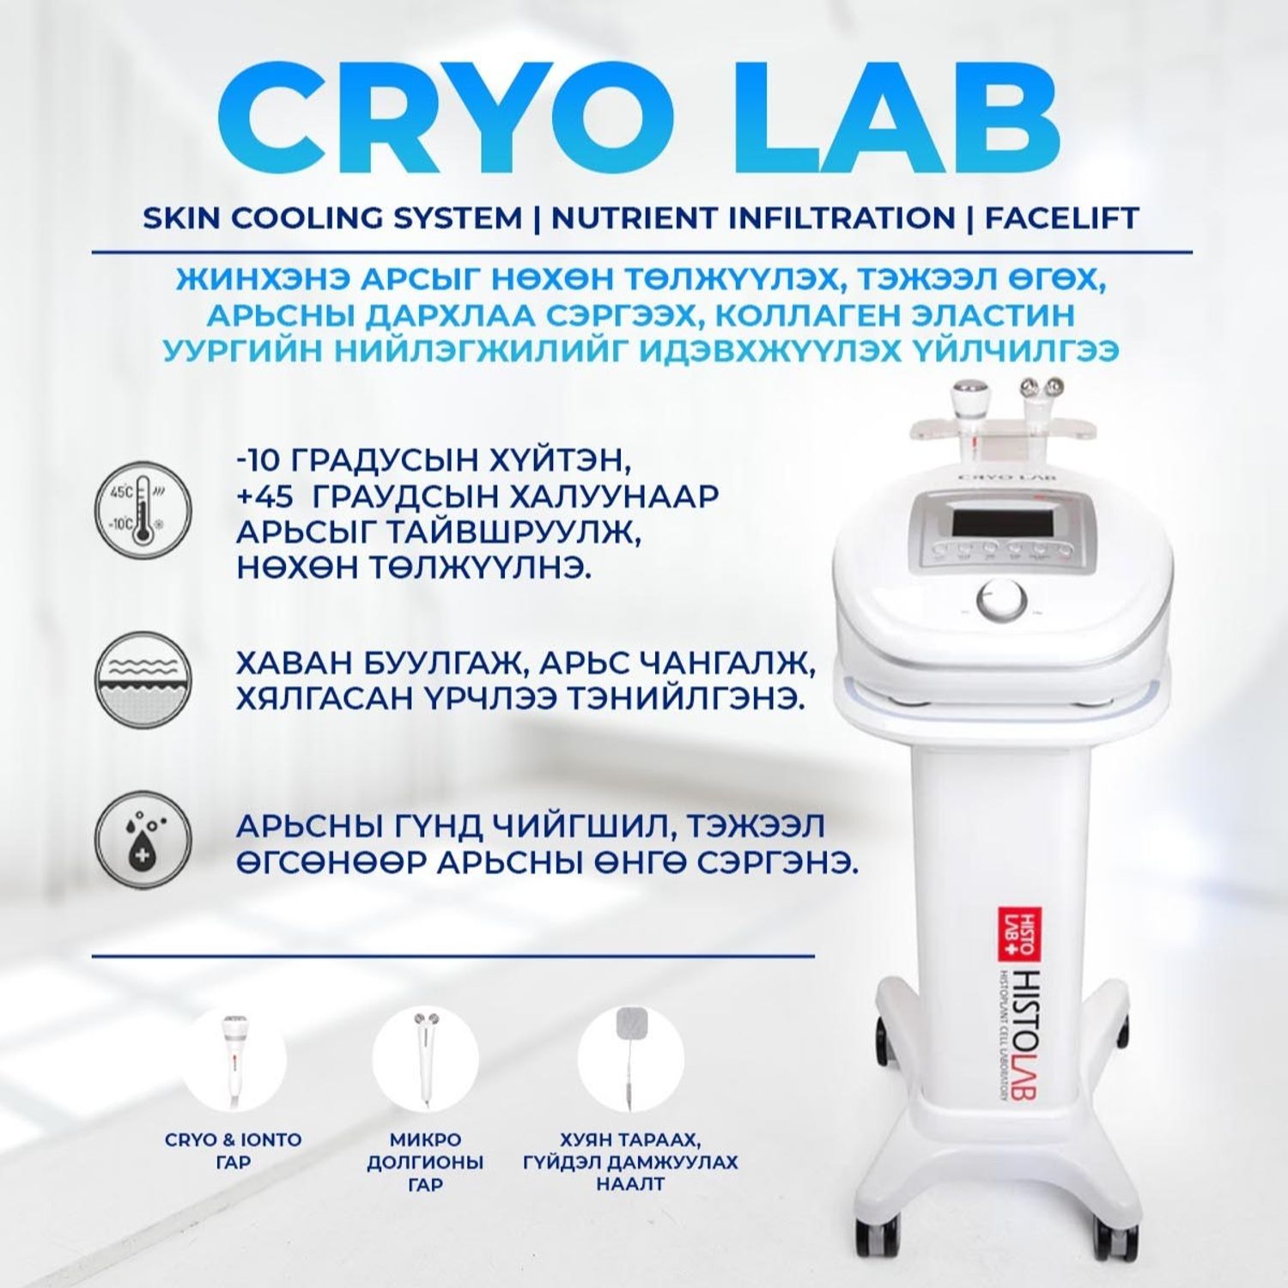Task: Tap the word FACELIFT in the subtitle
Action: point(1061,218)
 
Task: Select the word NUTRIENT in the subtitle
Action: point(634,218)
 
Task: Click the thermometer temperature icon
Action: point(143,513)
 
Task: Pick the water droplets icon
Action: point(143,840)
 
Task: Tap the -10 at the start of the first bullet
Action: point(258,460)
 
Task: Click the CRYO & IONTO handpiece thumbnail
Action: point(233,1060)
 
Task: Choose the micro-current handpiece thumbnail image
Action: point(425,1060)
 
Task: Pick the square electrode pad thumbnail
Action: point(630,1060)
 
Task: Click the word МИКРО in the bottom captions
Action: point(425,1140)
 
